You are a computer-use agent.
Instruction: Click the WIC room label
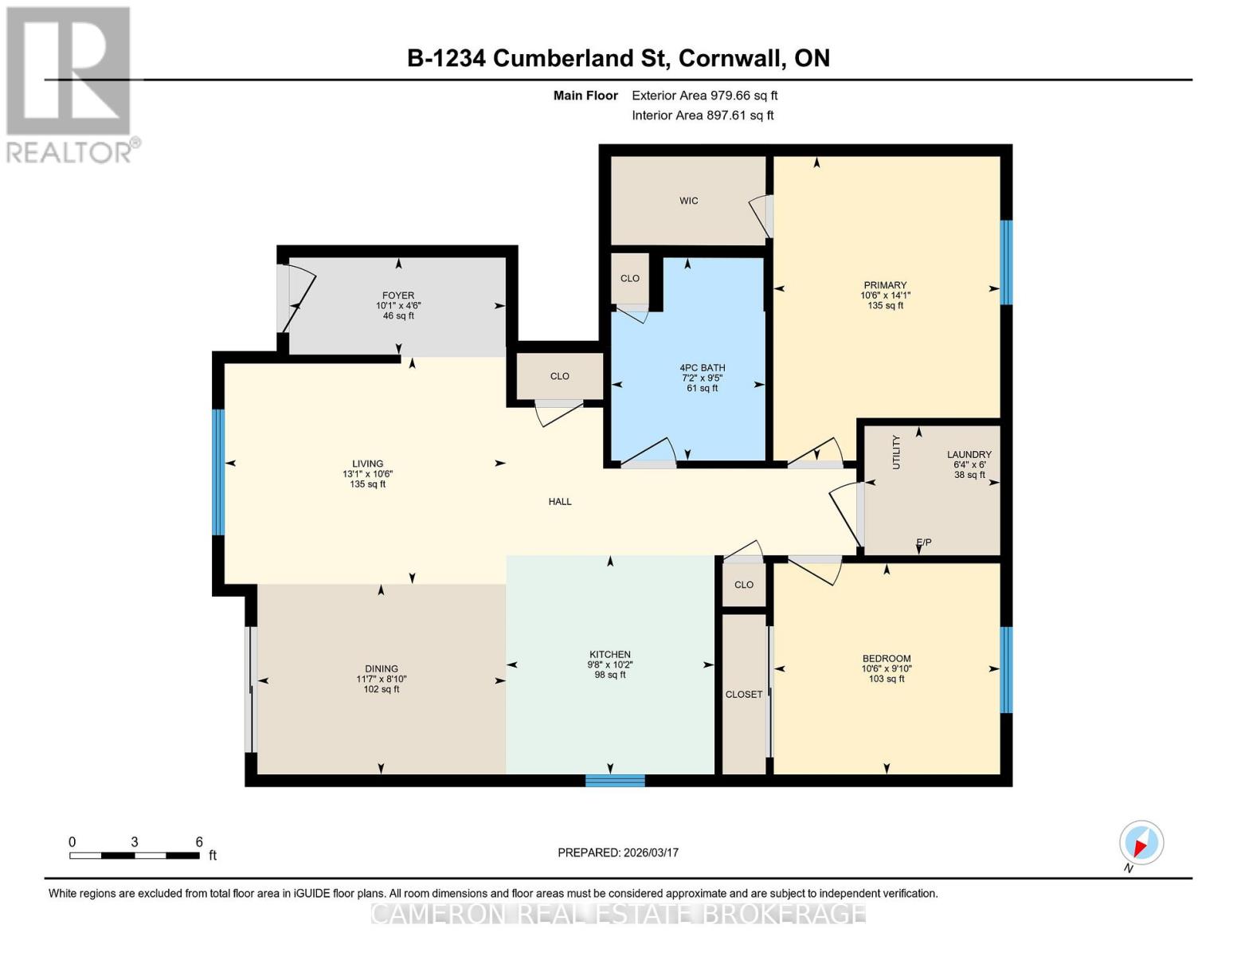tap(689, 201)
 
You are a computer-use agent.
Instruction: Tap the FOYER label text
tap(398, 296)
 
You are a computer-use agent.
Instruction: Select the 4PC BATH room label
tap(702, 368)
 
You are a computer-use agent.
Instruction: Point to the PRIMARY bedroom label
tap(885, 285)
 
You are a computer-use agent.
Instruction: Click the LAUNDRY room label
tap(969, 454)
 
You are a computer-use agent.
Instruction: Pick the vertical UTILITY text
tap(896, 452)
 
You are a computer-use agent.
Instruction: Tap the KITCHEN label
tap(610, 655)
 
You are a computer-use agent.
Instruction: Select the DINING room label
tap(382, 669)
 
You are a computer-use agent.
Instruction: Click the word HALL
tap(560, 502)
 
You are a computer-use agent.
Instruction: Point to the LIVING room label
tap(368, 464)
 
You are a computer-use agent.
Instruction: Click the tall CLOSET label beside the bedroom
tap(744, 695)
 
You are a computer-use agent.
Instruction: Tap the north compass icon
tap(1141, 843)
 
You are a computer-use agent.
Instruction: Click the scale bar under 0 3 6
tap(134, 856)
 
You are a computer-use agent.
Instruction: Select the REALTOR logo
tap(70, 84)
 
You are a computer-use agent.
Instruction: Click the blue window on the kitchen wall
tap(615, 780)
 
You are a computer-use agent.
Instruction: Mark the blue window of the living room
tap(218, 472)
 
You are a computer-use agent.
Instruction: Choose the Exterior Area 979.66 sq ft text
tap(704, 96)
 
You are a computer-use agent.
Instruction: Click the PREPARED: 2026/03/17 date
tap(618, 852)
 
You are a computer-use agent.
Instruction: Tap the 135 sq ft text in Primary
tap(885, 305)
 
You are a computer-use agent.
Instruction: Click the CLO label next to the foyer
tap(560, 376)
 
